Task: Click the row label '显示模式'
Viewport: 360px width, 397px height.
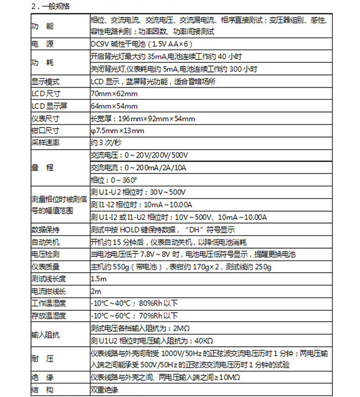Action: [x=45, y=82]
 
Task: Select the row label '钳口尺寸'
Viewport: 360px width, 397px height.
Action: [x=45, y=131]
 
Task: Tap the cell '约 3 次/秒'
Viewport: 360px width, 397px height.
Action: [x=107, y=143]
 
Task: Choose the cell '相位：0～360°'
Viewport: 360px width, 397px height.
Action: [x=114, y=180]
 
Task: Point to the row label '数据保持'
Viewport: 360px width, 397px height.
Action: [x=45, y=229]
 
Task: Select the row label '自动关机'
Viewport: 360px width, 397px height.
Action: [x=45, y=242]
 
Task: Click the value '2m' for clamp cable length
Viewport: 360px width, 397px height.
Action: [x=95, y=291]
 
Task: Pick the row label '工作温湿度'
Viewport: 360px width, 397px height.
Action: [x=48, y=304]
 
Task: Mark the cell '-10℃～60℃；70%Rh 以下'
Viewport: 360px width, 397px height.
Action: [x=134, y=315]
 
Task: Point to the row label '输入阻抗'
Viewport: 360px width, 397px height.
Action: [x=45, y=334]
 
